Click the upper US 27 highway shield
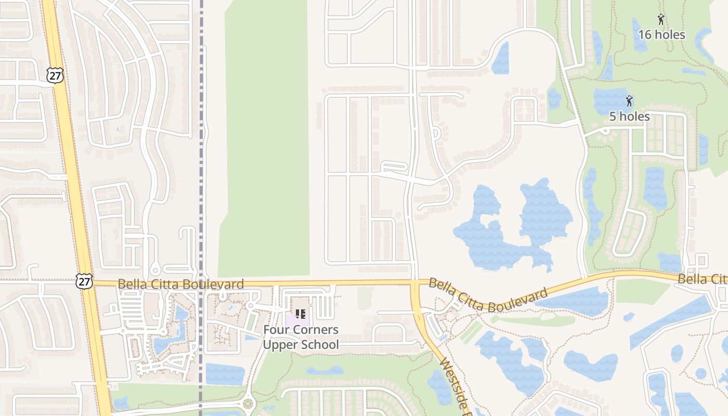(x=54, y=75)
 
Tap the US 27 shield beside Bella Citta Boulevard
(x=84, y=281)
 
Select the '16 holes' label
(x=661, y=35)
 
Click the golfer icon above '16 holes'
(x=661, y=20)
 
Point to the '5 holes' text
(x=629, y=116)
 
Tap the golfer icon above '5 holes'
(x=629, y=100)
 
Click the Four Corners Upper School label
(x=301, y=337)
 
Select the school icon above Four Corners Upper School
(x=300, y=314)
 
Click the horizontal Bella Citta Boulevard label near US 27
(x=180, y=284)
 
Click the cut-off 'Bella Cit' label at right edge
(x=701, y=279)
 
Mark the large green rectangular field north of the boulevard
(x=265, y=140)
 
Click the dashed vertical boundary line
(x=201, y=156)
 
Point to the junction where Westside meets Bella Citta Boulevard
(x=415, y=283)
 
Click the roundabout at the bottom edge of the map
(x=248, y=404)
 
